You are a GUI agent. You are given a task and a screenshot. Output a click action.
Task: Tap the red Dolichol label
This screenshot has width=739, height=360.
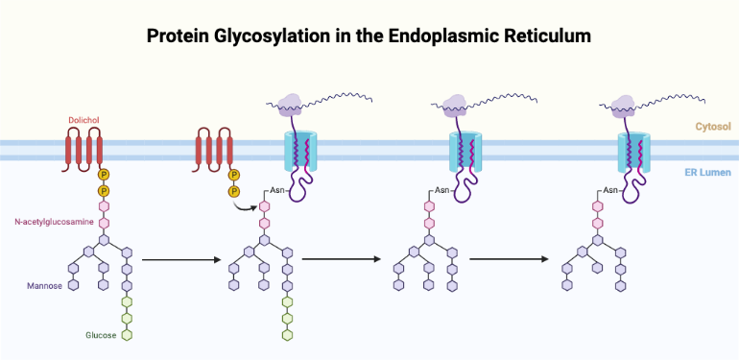[83, 120]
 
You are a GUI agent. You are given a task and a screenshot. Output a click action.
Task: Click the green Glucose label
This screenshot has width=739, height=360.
[100, 335]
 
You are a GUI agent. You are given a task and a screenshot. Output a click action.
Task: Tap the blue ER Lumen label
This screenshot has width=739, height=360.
[711, 173]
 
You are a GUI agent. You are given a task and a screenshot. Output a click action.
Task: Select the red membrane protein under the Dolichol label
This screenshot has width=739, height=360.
[83, 152]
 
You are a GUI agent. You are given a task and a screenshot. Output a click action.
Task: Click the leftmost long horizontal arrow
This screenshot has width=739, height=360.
[176, 259]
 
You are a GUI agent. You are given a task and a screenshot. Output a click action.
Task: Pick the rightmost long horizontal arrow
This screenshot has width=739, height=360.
[509, 259]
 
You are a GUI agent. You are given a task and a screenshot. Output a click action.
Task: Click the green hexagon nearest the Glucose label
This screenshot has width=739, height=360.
[126, 334]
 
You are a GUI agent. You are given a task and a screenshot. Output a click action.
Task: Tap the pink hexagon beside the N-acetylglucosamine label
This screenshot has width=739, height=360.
[105, 223]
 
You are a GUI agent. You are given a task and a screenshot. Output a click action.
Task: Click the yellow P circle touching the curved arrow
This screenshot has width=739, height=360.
[233, 191]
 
